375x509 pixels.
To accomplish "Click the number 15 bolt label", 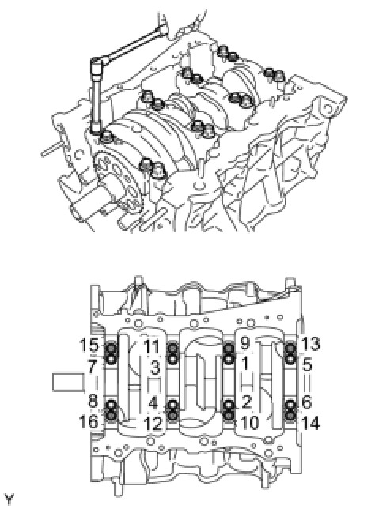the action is tap(89, 345).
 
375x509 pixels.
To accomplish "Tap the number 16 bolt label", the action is tap(89, 422).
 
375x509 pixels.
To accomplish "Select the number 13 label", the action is tap(310, 344).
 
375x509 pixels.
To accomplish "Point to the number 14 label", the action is tap(310, 424).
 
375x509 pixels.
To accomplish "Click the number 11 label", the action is tap(151, 346).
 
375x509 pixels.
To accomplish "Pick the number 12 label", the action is tap(153, 424).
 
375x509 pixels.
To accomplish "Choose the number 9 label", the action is tap(244, 343).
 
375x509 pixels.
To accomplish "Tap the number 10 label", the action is tap(249, 422).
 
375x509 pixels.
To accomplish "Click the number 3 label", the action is tap(156, 368).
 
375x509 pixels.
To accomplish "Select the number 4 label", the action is tap(153, 403).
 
